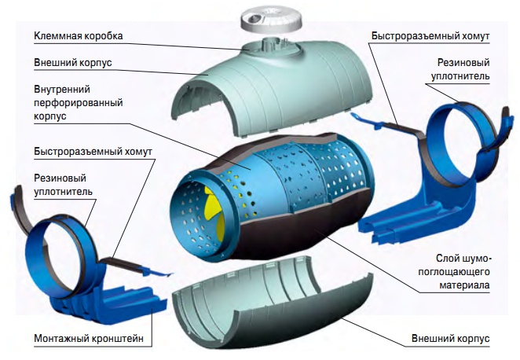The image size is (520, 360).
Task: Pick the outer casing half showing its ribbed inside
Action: click(259, 299)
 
